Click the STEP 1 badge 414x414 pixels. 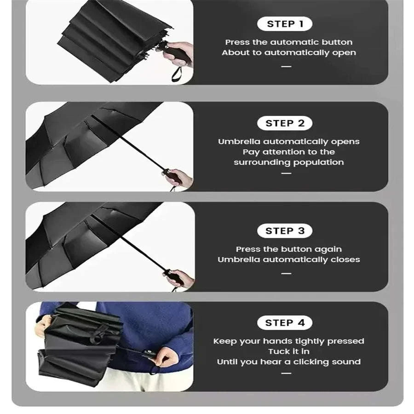click(285, 24)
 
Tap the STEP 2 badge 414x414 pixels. click(285, 123)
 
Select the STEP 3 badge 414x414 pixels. click(285, 231)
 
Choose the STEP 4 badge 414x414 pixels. click(285, 323)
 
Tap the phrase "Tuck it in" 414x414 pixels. click(288, 351)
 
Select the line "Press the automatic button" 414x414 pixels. click(288, 42)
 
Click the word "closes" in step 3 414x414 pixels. click(345, 259)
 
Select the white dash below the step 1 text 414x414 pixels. click(286, 66)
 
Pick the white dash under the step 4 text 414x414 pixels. click(286, 373)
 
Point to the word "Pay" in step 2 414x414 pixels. click(251, 152)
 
